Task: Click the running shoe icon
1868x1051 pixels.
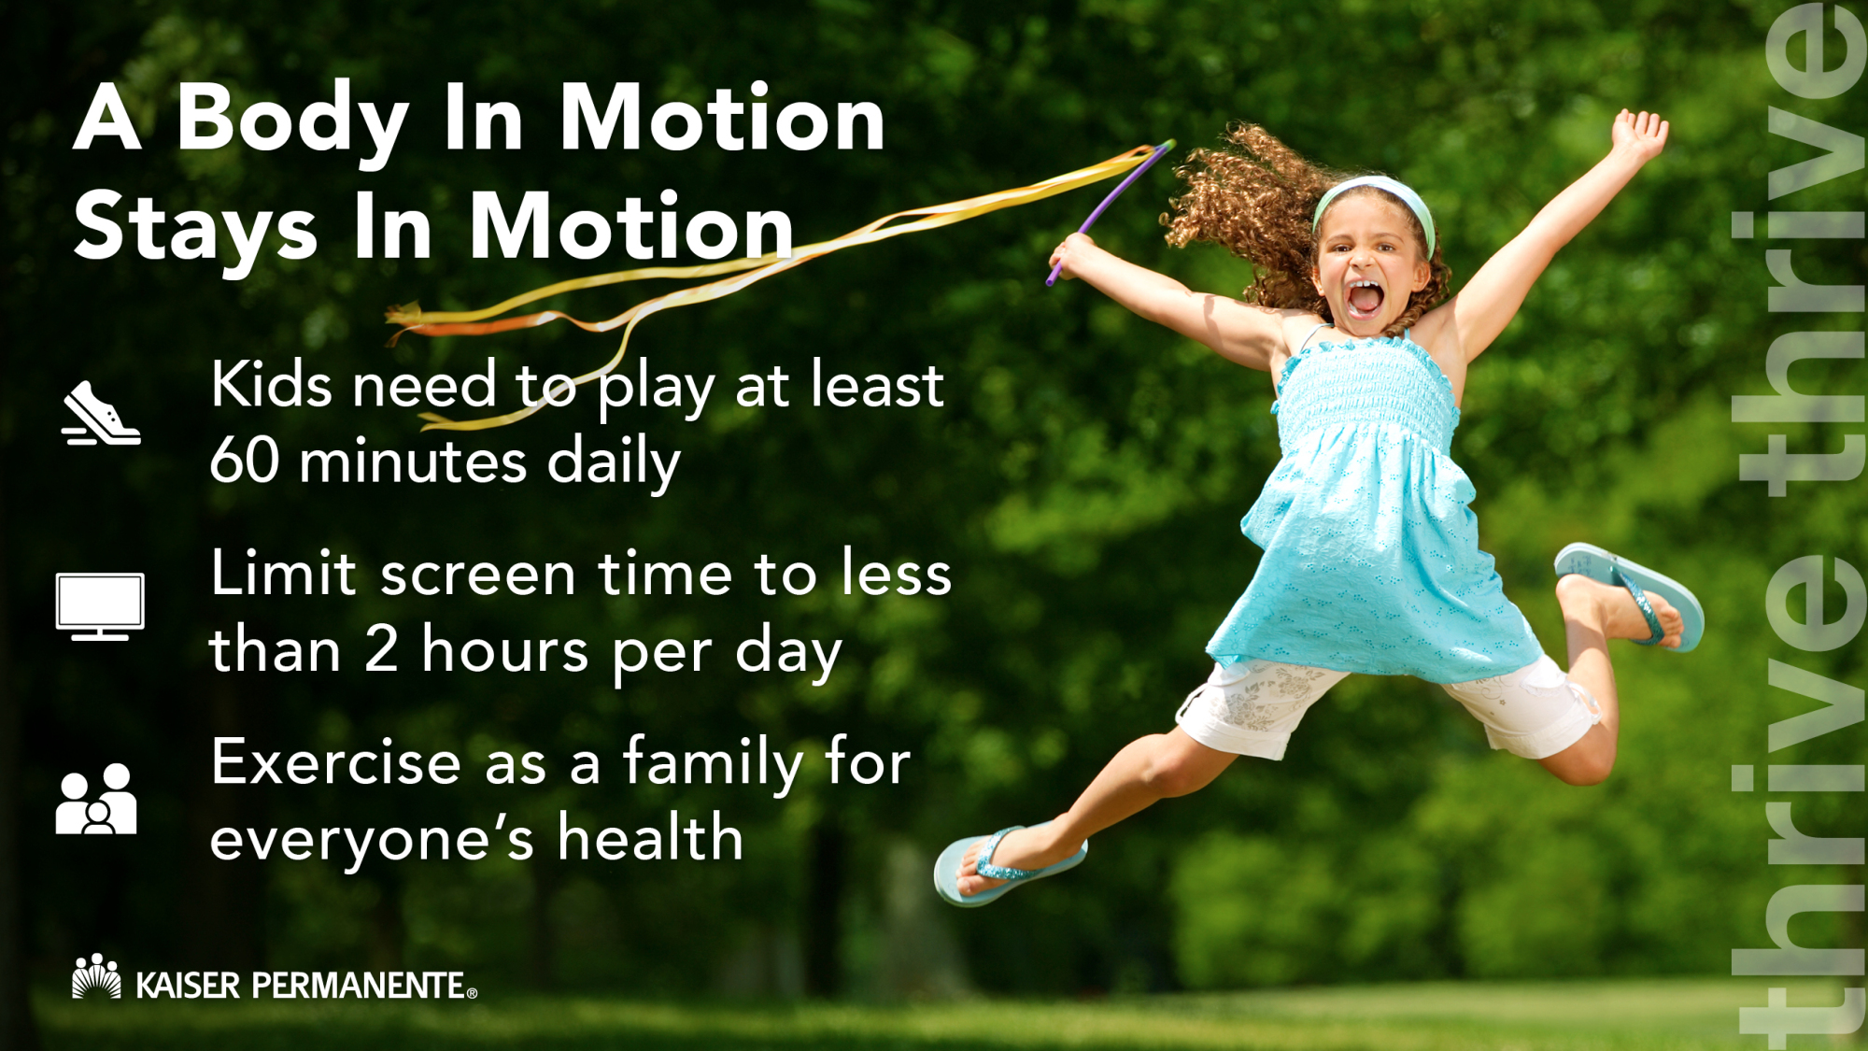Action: click(101, 414)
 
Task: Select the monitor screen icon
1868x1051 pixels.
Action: click(100, 606)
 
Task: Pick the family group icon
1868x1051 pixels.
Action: click(96, 799)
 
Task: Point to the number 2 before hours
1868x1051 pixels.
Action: click(381, 649)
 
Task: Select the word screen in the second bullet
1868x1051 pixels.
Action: click(478, 575)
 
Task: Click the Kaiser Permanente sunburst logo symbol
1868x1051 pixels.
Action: click(96, 976)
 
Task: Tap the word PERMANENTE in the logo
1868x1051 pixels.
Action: click(359, 986)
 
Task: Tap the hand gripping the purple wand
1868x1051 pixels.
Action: click(1072, 255)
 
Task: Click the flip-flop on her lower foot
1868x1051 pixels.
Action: click(1009, 864)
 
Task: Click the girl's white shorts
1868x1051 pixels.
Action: click(1382, 705)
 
